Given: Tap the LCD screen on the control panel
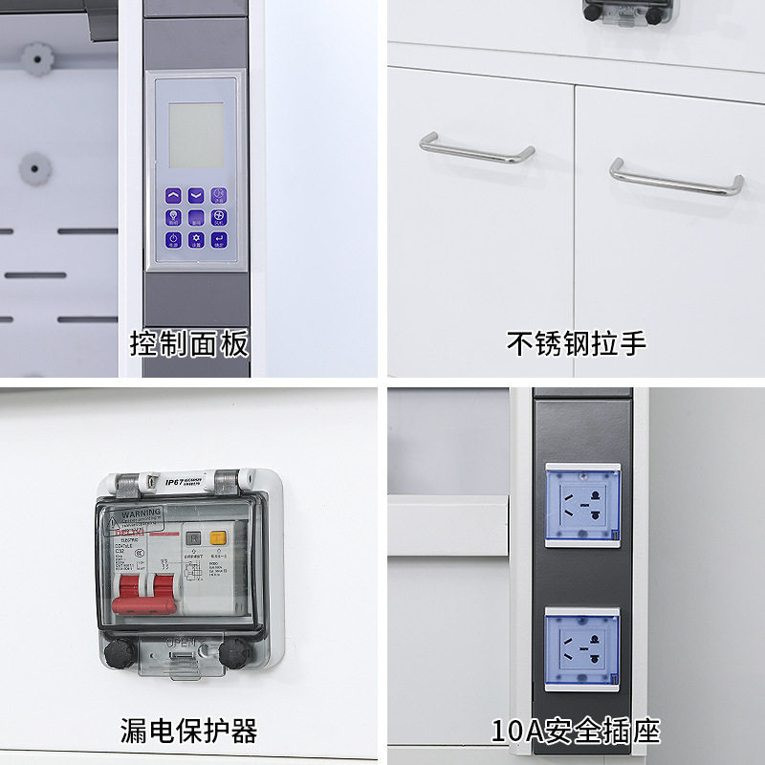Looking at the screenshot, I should coord(196,135).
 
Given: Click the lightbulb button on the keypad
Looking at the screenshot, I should coord(174,217).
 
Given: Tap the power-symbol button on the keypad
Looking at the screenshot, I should coord(174,240).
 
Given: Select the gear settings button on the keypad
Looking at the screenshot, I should coord(196,240).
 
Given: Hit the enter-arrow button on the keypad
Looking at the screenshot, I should coord(219,240).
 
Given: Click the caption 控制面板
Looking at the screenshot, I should coord(189,343).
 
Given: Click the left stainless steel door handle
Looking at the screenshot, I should coord(476,148).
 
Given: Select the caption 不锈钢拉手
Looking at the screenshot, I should coord(576,343).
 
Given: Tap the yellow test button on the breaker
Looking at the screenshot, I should coord(217,539).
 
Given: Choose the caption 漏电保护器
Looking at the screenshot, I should coord(189,732).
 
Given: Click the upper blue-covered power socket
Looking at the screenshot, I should coord(582,506).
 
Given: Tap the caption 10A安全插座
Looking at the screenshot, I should coord(576,732).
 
